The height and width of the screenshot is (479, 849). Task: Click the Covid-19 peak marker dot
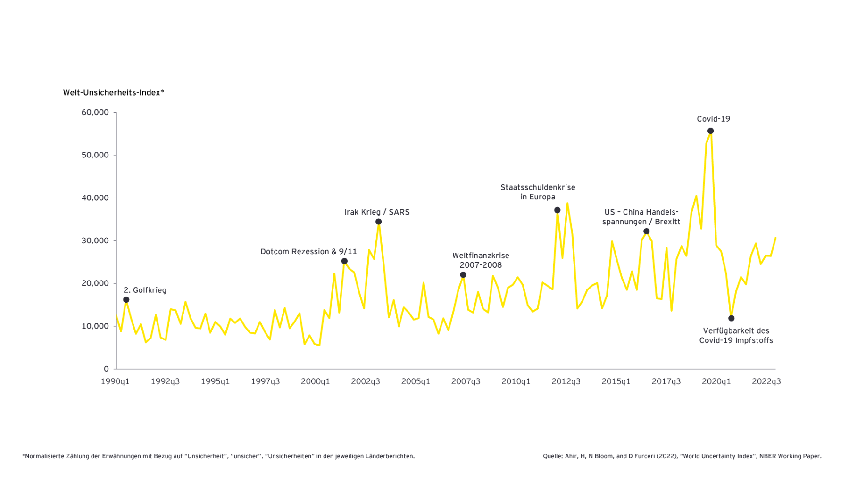(710, 131)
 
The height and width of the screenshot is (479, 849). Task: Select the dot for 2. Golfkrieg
(126, 300)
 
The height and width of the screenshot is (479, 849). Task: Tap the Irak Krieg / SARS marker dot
(378, 222)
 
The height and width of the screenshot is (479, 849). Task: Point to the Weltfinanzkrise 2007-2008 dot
(463, 275)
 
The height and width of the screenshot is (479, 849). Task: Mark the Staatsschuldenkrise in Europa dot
(557, 210)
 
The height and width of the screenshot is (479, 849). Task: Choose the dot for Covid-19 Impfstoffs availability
(731, 318)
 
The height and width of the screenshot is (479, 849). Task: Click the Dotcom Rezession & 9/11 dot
(344, 261)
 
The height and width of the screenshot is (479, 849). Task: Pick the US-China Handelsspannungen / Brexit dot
(646, 231)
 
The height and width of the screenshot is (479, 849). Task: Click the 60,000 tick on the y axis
(95, 112)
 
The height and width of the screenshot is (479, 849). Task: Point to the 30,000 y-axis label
(95, 240)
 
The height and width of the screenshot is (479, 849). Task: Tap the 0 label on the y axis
(106, 369)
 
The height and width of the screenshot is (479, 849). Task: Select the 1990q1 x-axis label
(115, 381)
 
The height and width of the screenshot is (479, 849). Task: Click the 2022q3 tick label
(766, 381)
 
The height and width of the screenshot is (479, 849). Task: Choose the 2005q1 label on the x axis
(416, 381)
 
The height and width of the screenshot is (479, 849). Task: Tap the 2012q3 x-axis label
(566, 381)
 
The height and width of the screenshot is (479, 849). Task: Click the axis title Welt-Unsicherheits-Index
(113, 93)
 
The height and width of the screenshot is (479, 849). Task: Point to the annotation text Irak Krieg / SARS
(377, 212)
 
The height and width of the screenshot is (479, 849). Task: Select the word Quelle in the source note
(552, 456)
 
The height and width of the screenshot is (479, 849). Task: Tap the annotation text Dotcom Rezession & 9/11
(308, 252)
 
